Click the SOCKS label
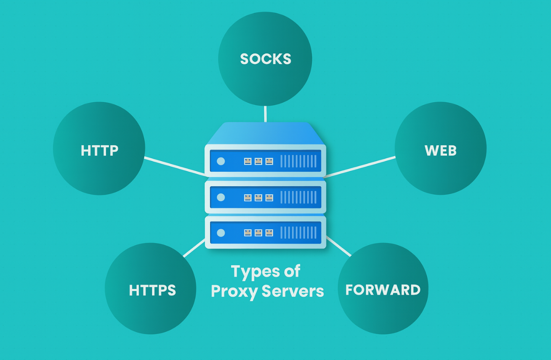point(266,59)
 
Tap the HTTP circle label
point(99,150)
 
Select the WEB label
point(441,150)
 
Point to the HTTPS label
point(152,290)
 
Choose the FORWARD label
point(383,290)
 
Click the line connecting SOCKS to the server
point(265,114)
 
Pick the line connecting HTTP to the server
point(175,166)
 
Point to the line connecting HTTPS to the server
point(194,248)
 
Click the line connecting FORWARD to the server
point(338,246)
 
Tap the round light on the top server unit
point(221,161)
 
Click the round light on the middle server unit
point(221,197)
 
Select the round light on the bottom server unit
point(221,233)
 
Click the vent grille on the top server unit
point(298,161)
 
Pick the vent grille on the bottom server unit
point(298,233)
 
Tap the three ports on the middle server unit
point(258,197)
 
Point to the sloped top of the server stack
point(265,133)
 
